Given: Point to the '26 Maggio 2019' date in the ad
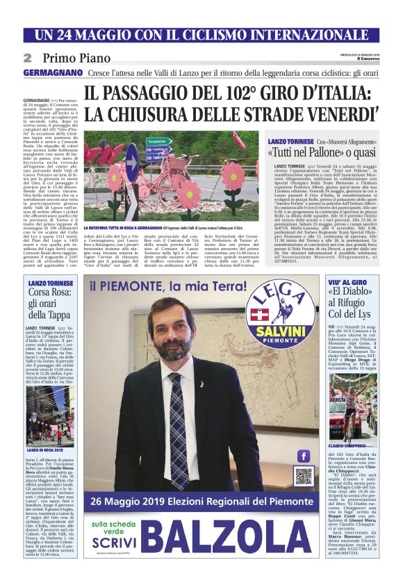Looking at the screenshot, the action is pos(134,501).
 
